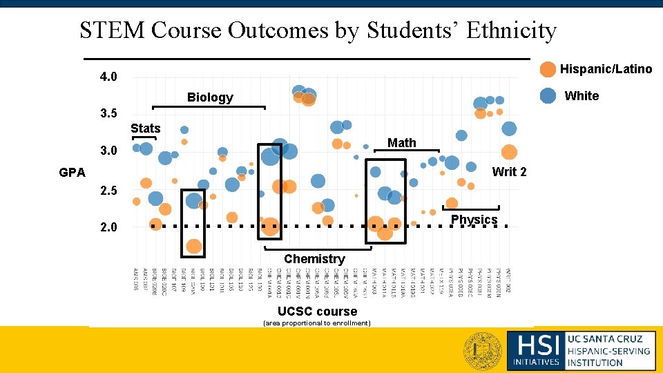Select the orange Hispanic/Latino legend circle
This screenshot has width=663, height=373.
548,69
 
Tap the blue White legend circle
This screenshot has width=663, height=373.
548,96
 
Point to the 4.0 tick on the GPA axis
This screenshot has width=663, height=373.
108,77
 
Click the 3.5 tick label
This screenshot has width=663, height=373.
108,114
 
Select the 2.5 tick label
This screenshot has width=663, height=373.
108,191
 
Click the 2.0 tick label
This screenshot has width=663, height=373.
108,227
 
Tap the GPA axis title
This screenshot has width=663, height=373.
72,173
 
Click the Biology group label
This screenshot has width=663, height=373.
210,97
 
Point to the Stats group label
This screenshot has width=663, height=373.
145,128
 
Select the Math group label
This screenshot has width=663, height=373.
401,143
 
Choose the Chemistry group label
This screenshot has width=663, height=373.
314,259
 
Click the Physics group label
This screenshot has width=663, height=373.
474,220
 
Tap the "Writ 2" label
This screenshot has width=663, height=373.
509,172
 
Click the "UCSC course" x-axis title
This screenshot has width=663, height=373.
317,312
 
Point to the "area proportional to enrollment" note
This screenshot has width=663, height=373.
317,323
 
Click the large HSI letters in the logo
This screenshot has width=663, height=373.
535,343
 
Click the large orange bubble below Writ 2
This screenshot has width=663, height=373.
509,153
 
